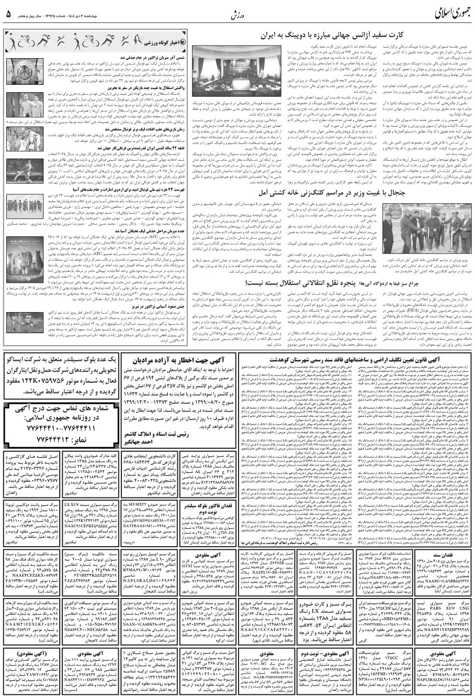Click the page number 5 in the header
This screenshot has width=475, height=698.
[x=9, y=12]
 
